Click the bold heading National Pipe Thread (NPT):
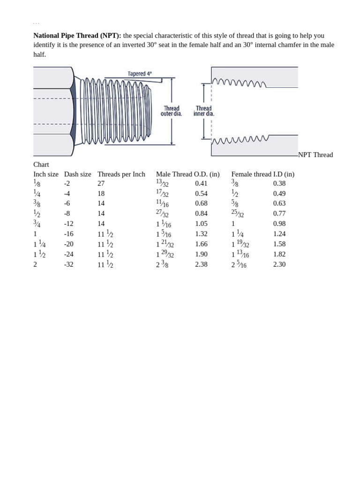point(77,36)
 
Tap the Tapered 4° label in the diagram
point(140,74)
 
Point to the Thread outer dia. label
point(171,111)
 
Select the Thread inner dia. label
point(203,111)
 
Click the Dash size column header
point(78,174)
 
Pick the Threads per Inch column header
point(121,174)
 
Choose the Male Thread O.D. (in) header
point(187,174)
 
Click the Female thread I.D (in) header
point(263,174)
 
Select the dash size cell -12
point(69,224)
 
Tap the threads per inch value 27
point(101,183)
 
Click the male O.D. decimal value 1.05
point(201,224)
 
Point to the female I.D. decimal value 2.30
point(279,264)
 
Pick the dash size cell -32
point(69,264)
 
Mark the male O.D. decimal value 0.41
point(201,183)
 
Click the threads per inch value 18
point(101,194)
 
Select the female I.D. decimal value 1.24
point(279,234)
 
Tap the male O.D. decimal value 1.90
point(201,254)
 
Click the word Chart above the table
point(41,165)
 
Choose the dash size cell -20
point(69,244)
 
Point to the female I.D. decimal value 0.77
point(279,214)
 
